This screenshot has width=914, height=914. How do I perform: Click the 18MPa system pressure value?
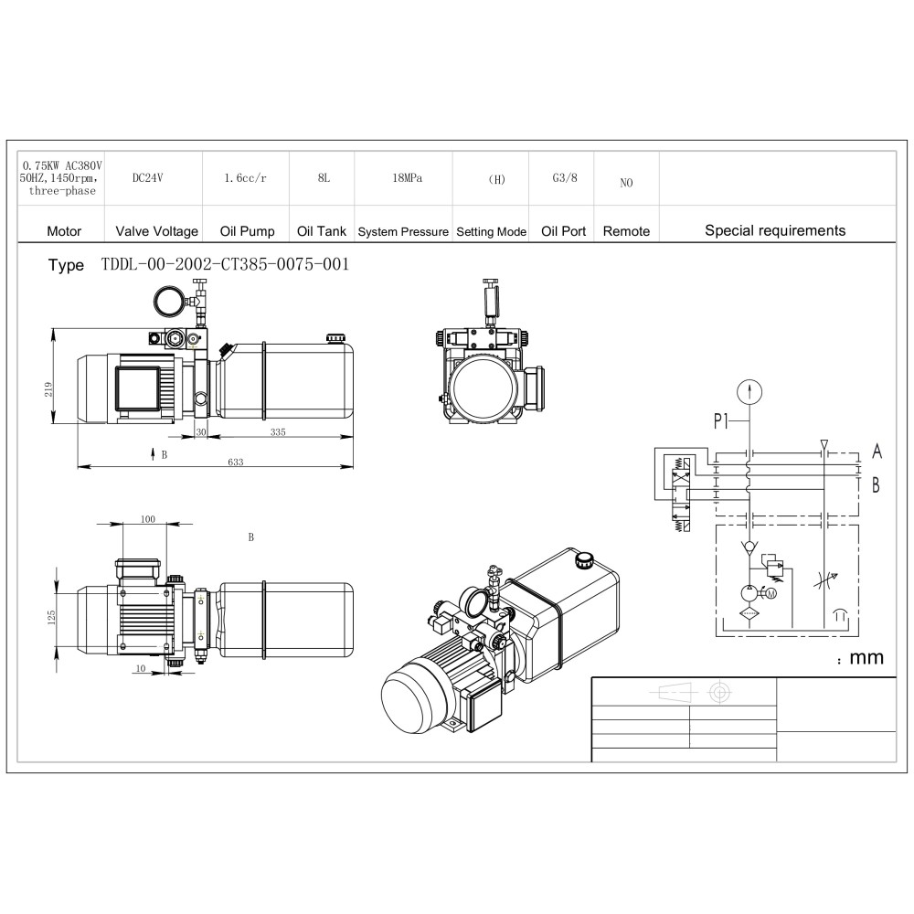tap(407, 178)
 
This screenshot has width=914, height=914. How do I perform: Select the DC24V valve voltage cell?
tap(147, 178)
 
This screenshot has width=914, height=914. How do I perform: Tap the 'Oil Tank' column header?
tap(321, 231)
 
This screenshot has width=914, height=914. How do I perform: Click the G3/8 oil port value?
tap(565, 177)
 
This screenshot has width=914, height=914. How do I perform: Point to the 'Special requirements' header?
tap(775, 230)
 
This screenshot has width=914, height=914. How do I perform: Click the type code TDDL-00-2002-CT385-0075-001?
tap(225, 264)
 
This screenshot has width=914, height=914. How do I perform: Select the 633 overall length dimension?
tap(236, 462)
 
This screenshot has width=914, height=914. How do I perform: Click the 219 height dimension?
tap(48, 389)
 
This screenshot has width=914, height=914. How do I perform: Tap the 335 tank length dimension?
tap(278, 432)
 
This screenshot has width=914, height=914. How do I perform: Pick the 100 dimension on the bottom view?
tap(148, 519)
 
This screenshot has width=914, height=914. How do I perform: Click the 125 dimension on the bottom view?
tap(51, 617)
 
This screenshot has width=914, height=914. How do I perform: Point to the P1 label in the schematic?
tap(721, 420)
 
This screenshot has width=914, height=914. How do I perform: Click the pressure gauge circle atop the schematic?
tap(749, 392)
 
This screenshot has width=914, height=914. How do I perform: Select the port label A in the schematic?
tap(877, 452)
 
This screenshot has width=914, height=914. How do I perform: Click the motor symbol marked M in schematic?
tap(771, 593)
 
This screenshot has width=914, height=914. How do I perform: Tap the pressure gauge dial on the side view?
tap(169, 302)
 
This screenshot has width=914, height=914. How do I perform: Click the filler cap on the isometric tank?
tap(583, 560)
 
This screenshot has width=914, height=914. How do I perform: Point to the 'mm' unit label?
tap(866, 658)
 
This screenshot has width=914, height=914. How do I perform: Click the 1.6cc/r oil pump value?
tap(245, 178)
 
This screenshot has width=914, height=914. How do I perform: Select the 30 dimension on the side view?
tap(200, 432)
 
